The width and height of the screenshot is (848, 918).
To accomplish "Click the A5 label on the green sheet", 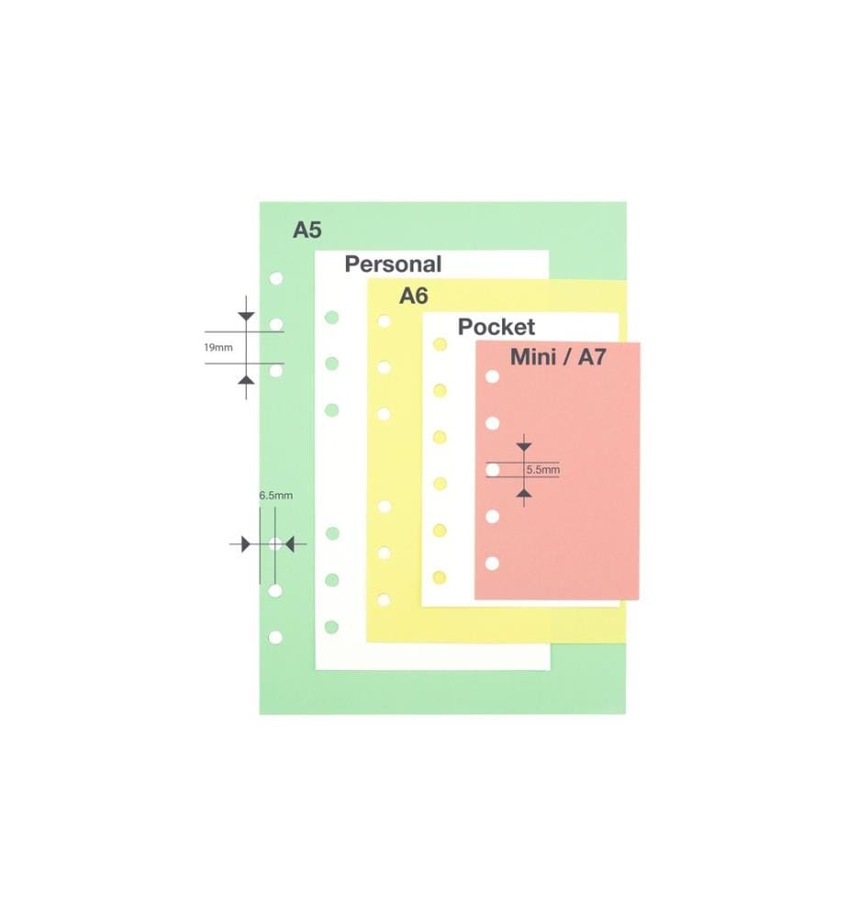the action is pyautogui.click(x=307, y=230).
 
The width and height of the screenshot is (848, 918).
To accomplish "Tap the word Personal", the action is pyautogui.click(x=393, y=264).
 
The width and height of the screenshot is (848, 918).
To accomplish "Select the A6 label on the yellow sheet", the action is pyautogui.click(x=414, y=297).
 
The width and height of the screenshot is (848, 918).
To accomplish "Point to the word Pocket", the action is pyautogui.click(x=497, y=327).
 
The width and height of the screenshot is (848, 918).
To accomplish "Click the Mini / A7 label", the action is pyautogui.click(x=558, y=356).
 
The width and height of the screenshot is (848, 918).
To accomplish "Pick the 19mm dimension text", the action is pyautogui.click(x=218, y=348).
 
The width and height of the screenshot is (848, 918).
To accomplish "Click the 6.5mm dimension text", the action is pyautogui.click(x=276, y=496).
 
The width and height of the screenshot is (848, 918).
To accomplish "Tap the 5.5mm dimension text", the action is pyautogui.click(x=543, y=469).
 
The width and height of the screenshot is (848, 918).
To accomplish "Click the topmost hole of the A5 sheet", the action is pyautogui.click(x=276, y=278).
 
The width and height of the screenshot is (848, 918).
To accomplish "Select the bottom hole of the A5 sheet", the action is pyautogui.click(x=275, y=638).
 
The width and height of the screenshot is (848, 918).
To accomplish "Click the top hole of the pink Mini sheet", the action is pyautogui.click(x=493, y=376).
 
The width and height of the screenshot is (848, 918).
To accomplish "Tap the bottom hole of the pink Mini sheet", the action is pyautogui.click(x=492, y=564).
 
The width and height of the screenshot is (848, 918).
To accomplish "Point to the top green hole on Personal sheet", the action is pyautogui.click(x=332, y=318).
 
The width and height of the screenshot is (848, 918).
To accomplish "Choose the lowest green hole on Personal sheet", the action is pyautogui.click(x=332, y=627).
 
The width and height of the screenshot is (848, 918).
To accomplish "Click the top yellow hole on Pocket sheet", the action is pyautogui.click(x=441, y=344).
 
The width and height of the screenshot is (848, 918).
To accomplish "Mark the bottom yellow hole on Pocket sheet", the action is pyautogui.click(x=440, y=577).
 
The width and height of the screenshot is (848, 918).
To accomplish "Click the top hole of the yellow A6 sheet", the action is pyautogui.click(x=385, y=320).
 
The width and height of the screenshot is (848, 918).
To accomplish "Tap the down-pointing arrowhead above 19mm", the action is pyautogui.click(x=246, y=317).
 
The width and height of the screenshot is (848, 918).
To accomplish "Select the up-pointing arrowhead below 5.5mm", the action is pyautogui.click(x=524, y=495).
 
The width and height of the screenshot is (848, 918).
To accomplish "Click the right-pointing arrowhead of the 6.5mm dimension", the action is pyautogui.click(x=246, y=544).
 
